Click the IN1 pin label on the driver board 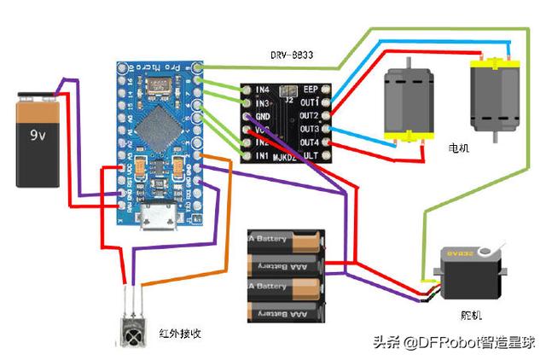click(x=258, y=157)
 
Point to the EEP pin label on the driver click(x=311, y=89)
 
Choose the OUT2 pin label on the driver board click(x=309, y=115)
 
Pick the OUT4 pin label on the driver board click(x=309, y=142)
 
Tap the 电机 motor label click(x=458, y=148)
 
